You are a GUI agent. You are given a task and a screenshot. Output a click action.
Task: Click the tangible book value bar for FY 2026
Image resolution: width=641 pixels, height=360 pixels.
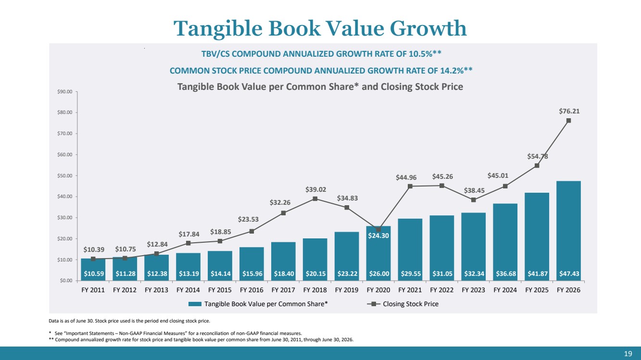[x=568, y=231]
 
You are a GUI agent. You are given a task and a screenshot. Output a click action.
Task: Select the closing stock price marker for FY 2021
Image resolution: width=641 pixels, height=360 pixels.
[x=410, y=186]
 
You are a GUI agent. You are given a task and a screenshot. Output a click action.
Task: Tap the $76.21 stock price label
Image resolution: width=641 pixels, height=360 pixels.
[x=569, y=111]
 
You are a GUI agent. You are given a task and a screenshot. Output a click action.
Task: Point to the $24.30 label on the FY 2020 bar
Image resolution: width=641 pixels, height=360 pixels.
[x=378, y=236]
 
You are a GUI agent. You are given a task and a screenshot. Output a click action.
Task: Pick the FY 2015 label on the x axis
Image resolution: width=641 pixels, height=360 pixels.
[x=220, y=290]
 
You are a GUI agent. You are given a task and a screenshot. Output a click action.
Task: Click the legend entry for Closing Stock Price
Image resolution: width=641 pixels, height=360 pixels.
[x=402, y=304]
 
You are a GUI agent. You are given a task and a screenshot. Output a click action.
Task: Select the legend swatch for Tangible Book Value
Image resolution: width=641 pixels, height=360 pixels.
[x=195, y=304]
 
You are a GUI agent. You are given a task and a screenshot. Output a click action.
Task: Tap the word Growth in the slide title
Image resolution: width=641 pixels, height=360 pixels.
[x=428, y=28]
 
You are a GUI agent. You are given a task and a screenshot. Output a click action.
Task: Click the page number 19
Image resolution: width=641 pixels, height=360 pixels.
[x=628, y=354]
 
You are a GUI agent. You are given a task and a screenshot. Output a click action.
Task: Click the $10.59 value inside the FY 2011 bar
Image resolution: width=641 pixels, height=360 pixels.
[x=94, y=273]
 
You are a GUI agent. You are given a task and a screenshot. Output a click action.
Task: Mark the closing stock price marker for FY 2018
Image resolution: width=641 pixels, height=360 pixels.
[x=315, y=199]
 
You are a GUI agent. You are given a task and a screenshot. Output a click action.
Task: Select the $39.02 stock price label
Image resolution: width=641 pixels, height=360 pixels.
[x=315, y=189]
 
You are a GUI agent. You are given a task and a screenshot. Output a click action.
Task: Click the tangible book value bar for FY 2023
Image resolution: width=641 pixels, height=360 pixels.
[x=474, y=247]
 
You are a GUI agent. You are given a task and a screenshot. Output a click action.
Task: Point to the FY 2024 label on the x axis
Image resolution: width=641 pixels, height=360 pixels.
[x=505, y=290]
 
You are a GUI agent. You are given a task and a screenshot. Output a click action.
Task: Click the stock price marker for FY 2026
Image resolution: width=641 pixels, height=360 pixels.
[x=568, y=121]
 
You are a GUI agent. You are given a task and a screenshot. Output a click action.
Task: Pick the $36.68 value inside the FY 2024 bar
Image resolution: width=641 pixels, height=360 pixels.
[x=506, y=273]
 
